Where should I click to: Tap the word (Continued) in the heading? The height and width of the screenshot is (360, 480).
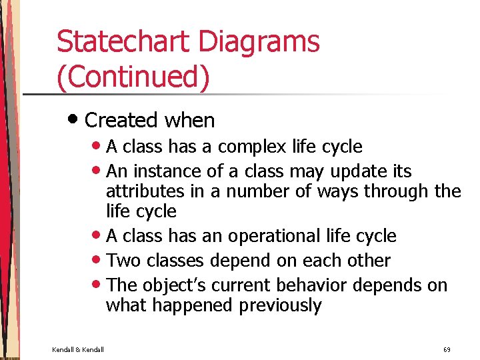pos(133,77)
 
